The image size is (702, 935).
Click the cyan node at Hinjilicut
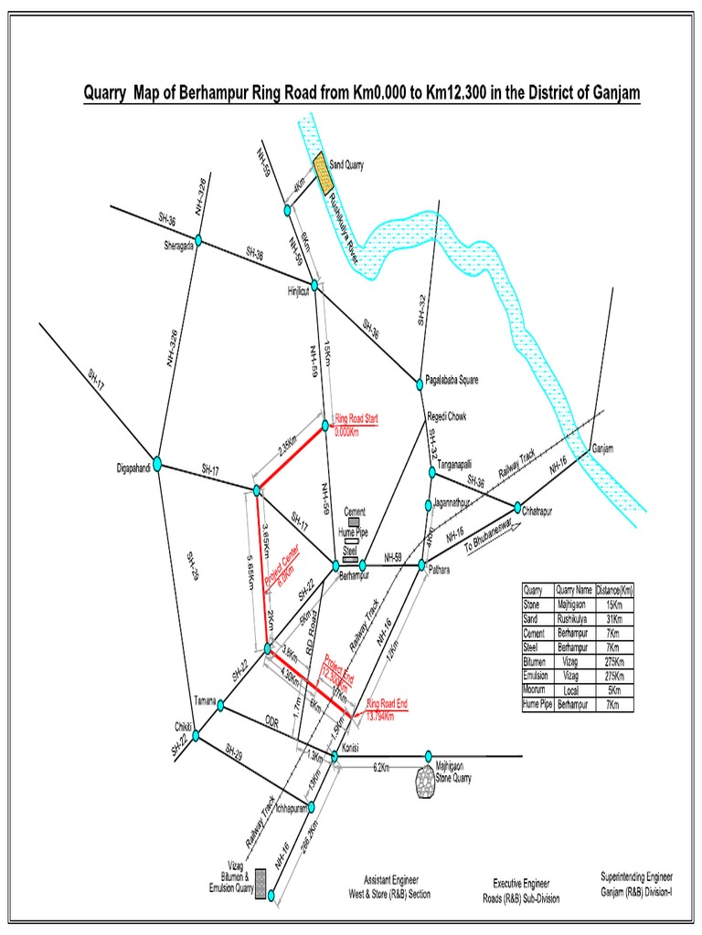tap(314, 286)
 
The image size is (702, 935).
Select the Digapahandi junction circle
tap(157, 464)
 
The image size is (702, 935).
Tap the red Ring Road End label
tap(387, 709)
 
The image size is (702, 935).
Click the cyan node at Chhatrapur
tap(517, 507)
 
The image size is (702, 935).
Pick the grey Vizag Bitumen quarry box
tap(261, 883)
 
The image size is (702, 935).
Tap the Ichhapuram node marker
tap(313, 806)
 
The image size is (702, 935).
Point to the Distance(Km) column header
tap(613, 590)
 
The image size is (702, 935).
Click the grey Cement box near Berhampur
tap(353, 522)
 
